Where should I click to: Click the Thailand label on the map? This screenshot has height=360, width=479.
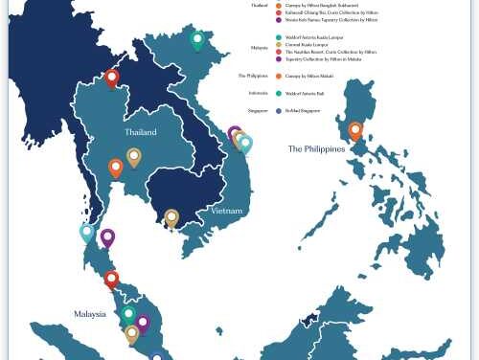coord(140,131)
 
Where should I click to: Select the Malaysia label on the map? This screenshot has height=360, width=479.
coord(91,313)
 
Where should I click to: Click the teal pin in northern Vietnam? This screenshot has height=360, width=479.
coord(197,40)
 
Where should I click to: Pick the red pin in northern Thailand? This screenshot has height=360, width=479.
coord(112,78)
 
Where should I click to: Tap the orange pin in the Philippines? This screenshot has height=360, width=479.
coord(355,130)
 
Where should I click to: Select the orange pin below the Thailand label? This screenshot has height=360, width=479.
coord(116,168)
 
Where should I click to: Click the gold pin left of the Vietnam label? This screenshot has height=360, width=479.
coord(171,217)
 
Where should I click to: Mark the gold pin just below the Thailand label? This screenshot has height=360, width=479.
coord(134,156)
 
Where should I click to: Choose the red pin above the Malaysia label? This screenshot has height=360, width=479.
coord(111,280)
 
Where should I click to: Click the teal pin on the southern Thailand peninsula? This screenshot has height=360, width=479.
coord(86,232)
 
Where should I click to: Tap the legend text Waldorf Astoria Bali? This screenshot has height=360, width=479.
coord(306,93)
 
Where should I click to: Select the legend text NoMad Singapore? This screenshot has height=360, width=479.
coord(304,111)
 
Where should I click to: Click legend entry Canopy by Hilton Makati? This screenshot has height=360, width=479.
coord(309,75)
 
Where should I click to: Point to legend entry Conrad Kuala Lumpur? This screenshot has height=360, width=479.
coord(306,43)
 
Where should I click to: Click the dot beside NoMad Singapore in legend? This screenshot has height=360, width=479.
coord(277,111)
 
